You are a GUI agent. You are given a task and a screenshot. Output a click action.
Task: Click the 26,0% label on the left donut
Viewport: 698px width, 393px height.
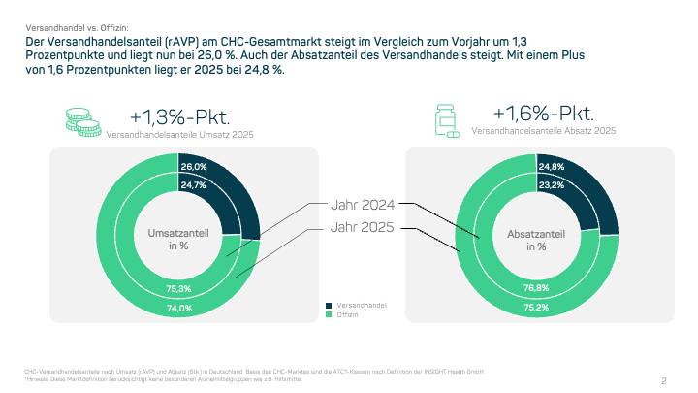point(194,167)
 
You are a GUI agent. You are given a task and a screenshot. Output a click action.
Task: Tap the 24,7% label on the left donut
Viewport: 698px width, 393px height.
point(194,185)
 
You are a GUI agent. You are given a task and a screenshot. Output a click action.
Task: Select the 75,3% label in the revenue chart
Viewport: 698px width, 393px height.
point(179,288)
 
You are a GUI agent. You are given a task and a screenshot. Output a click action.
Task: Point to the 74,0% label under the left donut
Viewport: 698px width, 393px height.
point(179,308)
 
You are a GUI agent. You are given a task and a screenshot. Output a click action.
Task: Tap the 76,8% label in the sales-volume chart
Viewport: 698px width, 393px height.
point(536,288)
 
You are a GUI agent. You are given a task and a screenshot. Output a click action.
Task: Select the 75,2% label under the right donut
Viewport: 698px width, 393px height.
point(536,308)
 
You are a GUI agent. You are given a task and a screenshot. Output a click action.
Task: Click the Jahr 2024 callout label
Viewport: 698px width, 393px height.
point(362,205)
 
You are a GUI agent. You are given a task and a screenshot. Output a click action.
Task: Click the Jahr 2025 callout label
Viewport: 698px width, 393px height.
point(362,228)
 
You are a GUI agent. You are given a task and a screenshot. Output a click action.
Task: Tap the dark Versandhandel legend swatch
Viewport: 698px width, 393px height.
point(329,305)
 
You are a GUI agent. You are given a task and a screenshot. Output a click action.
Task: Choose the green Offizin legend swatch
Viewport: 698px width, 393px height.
point(329,315)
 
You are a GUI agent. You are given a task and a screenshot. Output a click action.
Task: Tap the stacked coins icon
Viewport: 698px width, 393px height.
point(82,120)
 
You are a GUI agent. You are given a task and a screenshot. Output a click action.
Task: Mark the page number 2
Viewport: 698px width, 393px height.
point(663,380)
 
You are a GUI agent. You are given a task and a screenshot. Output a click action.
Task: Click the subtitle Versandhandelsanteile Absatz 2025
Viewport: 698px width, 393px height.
point(543,131)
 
